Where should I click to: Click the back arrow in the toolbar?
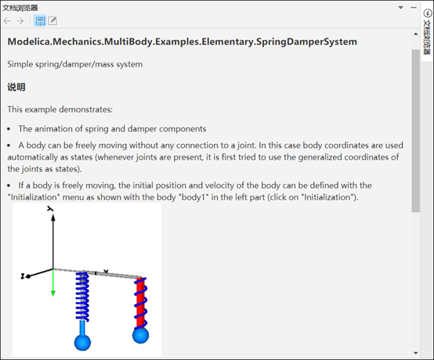tap(8, 20)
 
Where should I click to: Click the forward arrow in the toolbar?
tap(20, 20)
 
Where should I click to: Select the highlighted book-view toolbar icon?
tap(40, 20)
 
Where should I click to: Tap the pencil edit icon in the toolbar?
tap(52, 20)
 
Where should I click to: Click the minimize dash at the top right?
tap(414, 8)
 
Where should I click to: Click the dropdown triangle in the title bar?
tap(400, 8)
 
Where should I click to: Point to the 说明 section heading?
tap(16, 87)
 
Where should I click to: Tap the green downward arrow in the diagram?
tap(53, 283)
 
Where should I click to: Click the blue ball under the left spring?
tap(82, 343)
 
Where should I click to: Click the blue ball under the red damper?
tap(140, 336)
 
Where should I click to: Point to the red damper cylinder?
tap(140, 303)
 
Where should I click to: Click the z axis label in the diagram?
tap(23, 276)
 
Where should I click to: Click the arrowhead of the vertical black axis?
tap(53, 218)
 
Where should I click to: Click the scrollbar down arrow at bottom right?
tap(416, 353)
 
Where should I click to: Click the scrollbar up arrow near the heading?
tap(416, 34)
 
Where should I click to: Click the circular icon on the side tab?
tap(428, 13)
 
